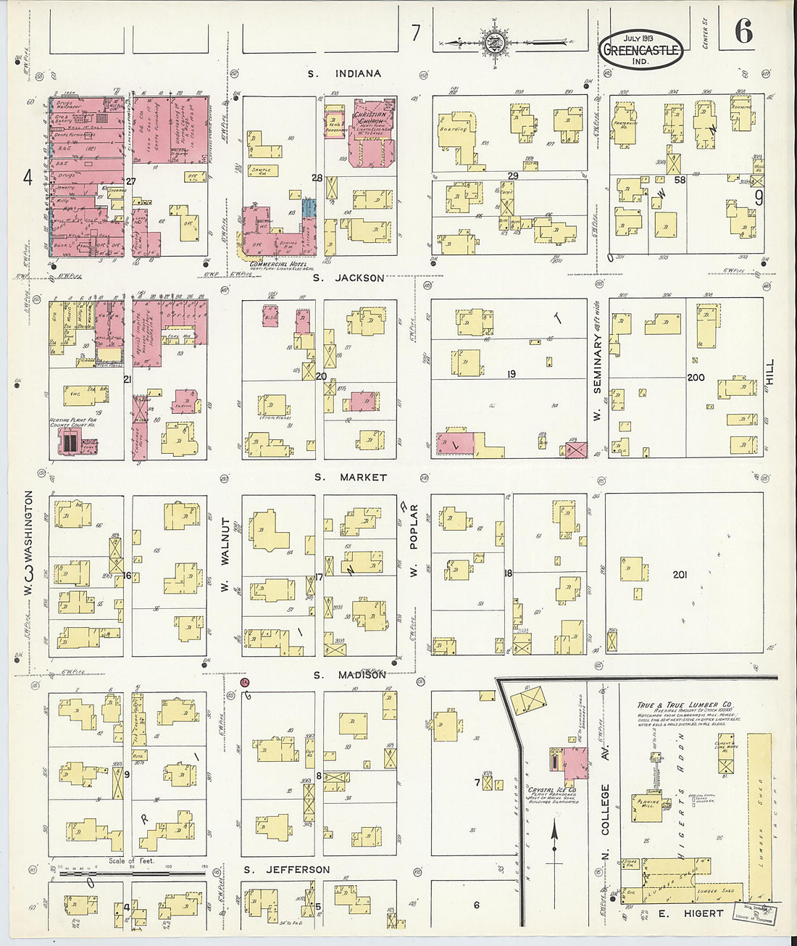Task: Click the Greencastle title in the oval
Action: [641, 51]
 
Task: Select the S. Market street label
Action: [351, 477]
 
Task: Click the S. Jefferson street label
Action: [286, 869]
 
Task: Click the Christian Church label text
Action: [372, 118]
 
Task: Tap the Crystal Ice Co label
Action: [552, 790]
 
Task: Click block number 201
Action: [680, 575]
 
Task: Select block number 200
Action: [695, 378]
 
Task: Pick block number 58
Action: [679, 179]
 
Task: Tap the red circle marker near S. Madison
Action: [245, 682]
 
